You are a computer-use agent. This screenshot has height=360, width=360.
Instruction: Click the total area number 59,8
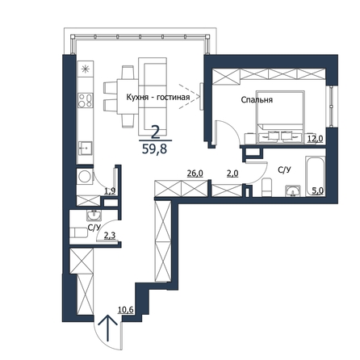point(154,149)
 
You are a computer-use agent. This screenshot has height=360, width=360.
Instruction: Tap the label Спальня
point(257,100)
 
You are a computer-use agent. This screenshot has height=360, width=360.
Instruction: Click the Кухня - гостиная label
point(158,97)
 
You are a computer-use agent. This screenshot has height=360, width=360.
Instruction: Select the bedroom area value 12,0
point(316,139)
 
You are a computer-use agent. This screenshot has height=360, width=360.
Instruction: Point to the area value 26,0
point(195,174)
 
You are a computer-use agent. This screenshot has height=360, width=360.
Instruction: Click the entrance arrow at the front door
point(108,328)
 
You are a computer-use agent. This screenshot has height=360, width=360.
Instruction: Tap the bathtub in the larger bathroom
point(316,176)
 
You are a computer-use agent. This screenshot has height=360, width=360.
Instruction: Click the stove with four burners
point(86,100)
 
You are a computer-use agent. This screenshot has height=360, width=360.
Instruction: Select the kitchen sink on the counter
point(86,149)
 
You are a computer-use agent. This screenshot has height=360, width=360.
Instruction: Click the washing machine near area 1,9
point(85,177)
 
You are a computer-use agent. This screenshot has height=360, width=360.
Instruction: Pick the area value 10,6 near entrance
point(126,310)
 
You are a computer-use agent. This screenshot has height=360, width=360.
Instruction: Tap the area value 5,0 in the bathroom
point(317,190)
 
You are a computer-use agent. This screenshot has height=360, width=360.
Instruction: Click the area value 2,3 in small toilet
point(110,236)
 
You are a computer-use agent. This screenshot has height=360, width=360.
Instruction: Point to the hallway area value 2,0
point(232,174)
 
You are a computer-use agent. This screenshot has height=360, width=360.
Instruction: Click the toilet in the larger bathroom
point(267,187)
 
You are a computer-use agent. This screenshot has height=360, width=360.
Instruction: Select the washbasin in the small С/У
point(94,215)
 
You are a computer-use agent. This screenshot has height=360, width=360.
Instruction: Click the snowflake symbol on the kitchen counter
point(86,69)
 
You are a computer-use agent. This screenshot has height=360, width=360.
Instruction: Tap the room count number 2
point(155,132)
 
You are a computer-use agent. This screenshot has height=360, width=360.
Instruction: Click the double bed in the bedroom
point(280,116)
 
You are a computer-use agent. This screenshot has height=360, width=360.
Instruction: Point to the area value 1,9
point(110,191)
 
